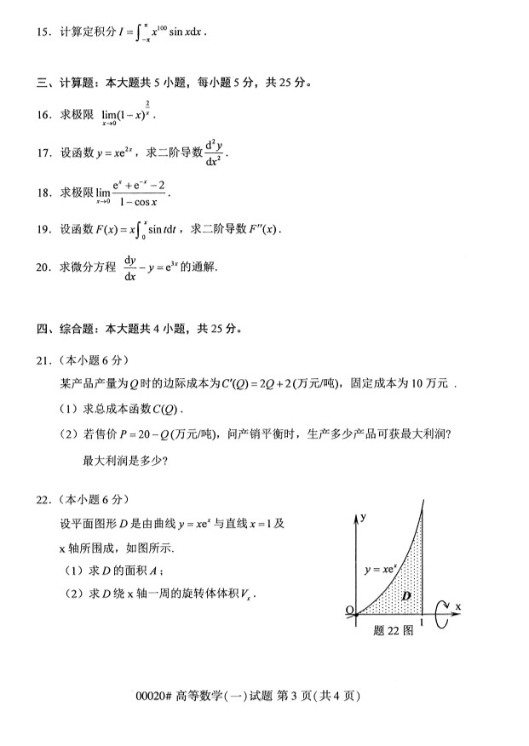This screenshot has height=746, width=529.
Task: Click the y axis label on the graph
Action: coord(363,517)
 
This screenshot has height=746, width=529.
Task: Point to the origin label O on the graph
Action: coord(349,611)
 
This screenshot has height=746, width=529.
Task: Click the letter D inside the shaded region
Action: coord(406,595)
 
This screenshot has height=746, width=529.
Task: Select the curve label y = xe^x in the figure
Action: coord(380,569)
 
